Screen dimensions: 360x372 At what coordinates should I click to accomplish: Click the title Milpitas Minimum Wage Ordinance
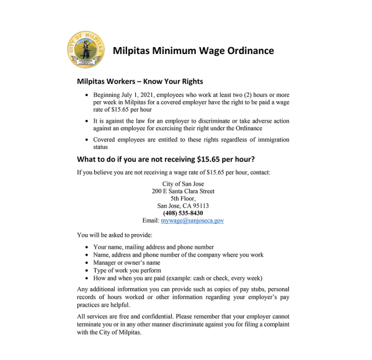(193, 50)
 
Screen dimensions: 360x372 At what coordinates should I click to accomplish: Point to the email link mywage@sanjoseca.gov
(192, 220)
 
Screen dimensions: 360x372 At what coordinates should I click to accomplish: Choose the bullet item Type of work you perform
(127, 271)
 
